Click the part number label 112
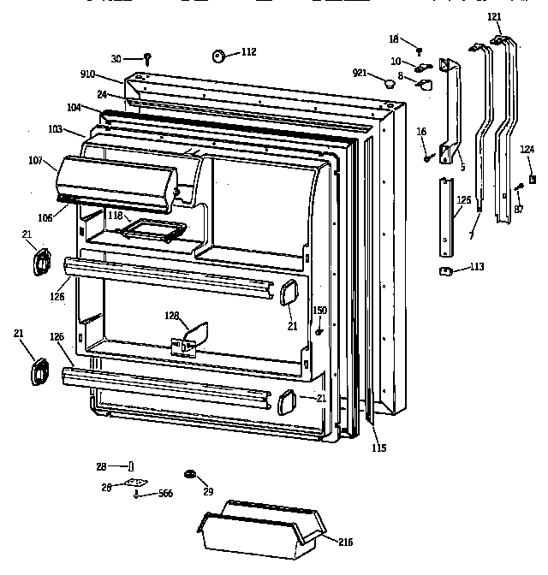tap(247, 52)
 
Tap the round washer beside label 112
tap(217, 57)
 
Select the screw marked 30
tap(147, 58)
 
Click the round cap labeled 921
tap(388, 82)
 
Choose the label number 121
tap(495, 16)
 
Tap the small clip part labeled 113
tap(445, 270)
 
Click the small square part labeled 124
tap(533, 179)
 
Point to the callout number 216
tap(345, 542)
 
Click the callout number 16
tap(421, 130)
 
